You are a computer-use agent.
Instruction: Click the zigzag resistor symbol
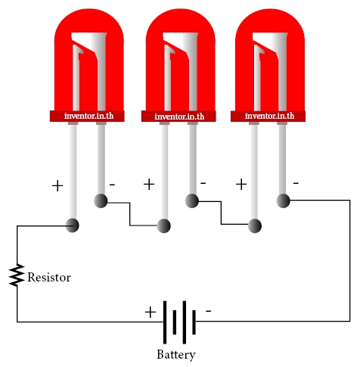tap(17, 275)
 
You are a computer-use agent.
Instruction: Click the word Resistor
tap(49, 277)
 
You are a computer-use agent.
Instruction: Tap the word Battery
tap(176, 355)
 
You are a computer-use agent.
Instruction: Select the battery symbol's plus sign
tap(151, 313)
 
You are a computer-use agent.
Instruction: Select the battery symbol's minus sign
tap(209, 311)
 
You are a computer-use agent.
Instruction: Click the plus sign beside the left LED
tap(57, 186)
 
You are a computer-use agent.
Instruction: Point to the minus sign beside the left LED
tap(112, 185)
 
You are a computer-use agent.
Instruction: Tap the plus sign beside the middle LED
tap(149, 184)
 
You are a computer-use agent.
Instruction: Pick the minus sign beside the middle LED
tap(203, 183)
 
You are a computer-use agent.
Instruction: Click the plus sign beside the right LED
tap(241, 184)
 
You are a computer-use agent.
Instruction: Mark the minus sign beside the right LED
tap(296, 183)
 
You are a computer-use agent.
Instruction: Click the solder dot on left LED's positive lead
tap(73, 225)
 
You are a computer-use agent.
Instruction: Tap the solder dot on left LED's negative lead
tap(101, 201)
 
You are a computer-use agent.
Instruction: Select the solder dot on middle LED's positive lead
tap(164, 225)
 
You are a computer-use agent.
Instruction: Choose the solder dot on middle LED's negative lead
tap(192, 201)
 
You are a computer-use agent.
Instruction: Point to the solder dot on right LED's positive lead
tap(255, 225)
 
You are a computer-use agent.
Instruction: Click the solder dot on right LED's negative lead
tap(284, 201)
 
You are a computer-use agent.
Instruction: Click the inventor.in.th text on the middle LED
tap(179, 117)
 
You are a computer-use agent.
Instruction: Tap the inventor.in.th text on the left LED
tap(89, 116)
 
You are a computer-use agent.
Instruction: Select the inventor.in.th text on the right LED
tap(269, 116)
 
